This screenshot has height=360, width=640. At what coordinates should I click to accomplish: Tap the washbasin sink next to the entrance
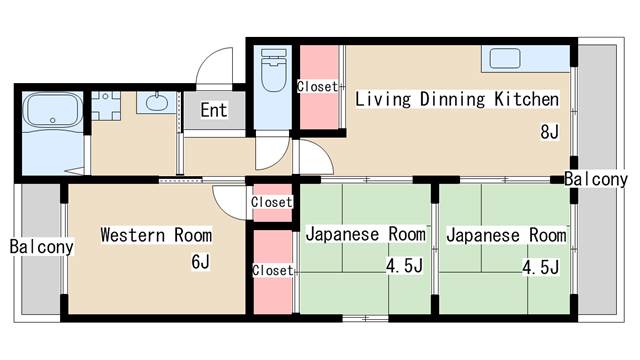156,102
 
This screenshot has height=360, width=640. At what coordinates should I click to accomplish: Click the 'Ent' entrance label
213,110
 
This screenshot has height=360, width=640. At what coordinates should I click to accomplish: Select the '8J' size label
549,131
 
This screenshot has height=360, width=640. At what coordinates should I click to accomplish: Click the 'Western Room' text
156,235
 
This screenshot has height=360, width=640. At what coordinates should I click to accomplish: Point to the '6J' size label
201,263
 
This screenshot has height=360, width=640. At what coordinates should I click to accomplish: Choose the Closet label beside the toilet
317,87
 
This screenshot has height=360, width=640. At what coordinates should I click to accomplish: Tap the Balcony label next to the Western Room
42,246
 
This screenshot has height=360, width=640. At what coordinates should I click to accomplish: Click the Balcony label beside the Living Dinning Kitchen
596,180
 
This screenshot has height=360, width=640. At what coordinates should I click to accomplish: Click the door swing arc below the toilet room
268,153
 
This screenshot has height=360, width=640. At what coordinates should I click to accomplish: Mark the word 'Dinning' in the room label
449,99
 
